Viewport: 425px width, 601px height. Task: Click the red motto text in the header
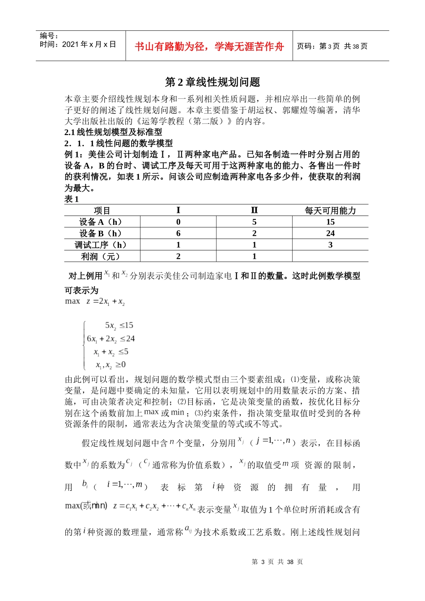point(209,47)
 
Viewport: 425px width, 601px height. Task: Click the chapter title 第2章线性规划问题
point(212,82)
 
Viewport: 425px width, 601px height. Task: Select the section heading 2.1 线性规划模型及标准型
point(113,132)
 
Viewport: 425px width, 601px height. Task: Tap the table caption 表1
point(72,199)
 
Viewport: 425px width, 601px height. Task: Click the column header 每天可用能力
point(330,211)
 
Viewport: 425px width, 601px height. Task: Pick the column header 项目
point(102,211)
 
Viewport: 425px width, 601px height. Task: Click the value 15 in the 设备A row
point(330,222)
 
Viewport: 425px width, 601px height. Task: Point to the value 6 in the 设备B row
point(178,233)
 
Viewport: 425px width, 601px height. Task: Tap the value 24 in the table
point(330,233)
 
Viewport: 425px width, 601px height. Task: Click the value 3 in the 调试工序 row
point(330,245)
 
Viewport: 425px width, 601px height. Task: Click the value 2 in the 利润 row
point(178,257)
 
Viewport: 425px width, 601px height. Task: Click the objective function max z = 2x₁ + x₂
point(95,302)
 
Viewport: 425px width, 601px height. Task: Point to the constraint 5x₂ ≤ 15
point(119,326)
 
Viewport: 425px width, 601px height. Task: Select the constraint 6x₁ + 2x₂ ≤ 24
point(110,339)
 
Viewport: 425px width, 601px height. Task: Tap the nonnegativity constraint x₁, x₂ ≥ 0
point(110,365)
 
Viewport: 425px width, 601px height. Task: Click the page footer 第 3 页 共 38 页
point(277,562)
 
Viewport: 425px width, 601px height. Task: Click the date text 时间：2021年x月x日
point(78,45)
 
